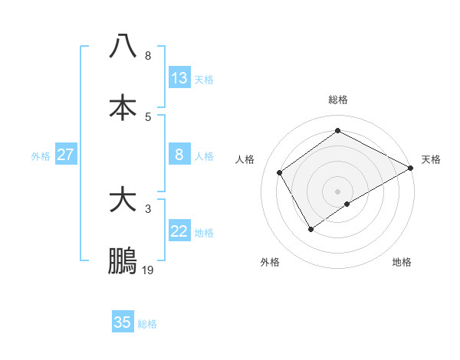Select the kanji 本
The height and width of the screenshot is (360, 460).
pyautogui.click(x=123, y=107)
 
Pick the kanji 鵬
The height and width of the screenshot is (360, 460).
pyautogui.click(x=123, y=262)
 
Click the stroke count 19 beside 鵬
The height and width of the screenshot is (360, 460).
pyautogui.click(x=148, y=270)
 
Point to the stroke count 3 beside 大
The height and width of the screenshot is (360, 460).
pyautogui.click(x=148, y=208)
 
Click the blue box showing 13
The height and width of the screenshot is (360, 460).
pyautogui.click(x=179, y=78)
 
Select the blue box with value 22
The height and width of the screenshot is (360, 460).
pyautogui.click(x=179, y=232)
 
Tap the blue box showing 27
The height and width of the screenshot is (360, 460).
pyautogui.click(x=65, y=155)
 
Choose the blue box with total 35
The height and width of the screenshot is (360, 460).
pyautogui.click(x=123, y=322)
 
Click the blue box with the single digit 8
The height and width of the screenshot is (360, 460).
pyautogui.click(x=179, y=155)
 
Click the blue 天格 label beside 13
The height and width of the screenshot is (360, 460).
pyautogui.click(x=204, y=80)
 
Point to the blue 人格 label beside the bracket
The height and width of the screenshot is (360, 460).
pyautogui.click(x=204, y=156)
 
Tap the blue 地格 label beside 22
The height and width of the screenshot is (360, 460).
pyautogui.click(x=204, y=233)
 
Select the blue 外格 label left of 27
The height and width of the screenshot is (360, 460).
pyautogui.click(x=41, y=156)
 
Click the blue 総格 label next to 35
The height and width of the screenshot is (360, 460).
pyautogui.click(x=147, y=324)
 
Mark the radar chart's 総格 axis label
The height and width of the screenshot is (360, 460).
pyautogui.click(x=337, y=100)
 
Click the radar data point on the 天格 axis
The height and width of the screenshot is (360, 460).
pyautogui.click(x=410, y=169)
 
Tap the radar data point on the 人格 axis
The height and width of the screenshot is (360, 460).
pyautogui.click(x=280, y=173)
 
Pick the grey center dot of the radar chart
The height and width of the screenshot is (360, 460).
pyautogui.click(x=337, y=191)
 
